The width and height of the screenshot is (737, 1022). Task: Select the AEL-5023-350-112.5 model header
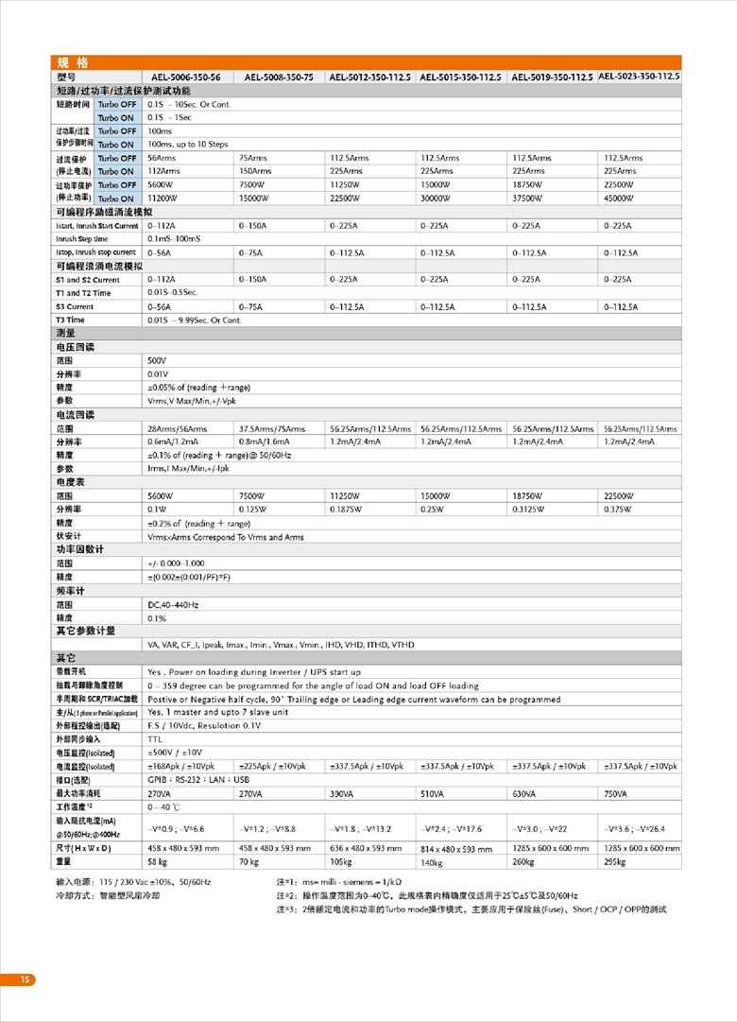(640, 76)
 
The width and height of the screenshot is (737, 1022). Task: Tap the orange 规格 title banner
(72, 62)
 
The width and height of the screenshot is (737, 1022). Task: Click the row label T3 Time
(71, 320)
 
